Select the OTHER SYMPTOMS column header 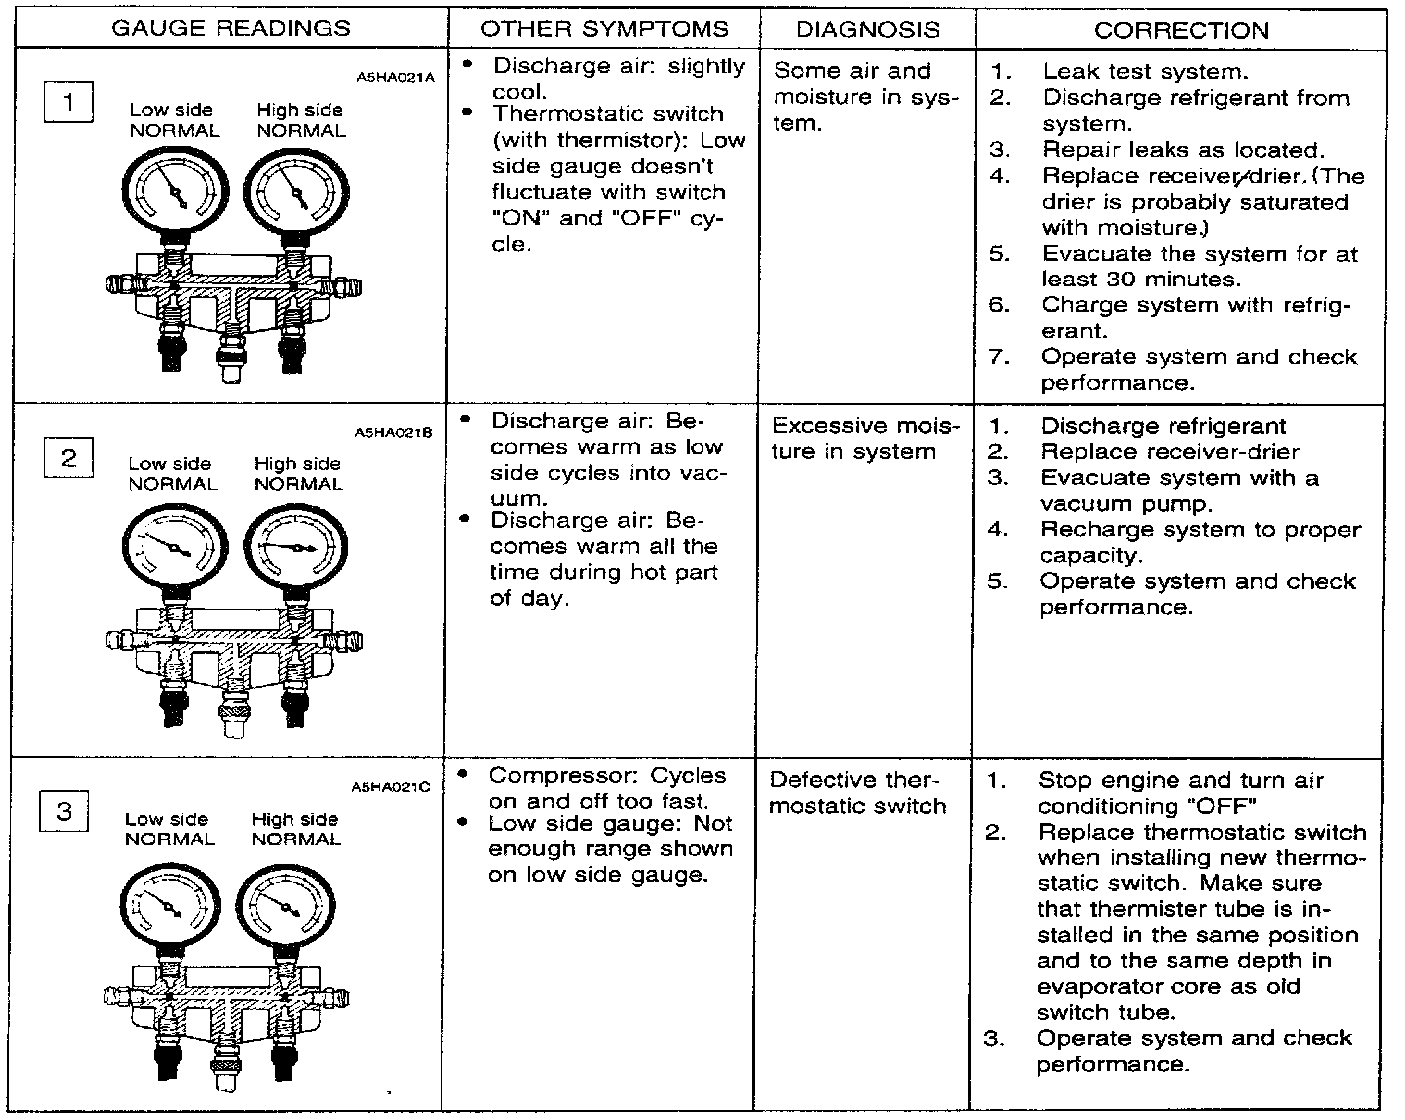604,29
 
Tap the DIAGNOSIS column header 867,29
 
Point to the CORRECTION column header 1180,30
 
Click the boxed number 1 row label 69,103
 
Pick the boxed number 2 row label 68,458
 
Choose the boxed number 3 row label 65,811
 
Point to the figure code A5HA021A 395,76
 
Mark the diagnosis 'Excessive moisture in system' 864,439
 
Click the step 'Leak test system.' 1145,72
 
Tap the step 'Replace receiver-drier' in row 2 1170,452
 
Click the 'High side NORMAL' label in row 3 296,830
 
